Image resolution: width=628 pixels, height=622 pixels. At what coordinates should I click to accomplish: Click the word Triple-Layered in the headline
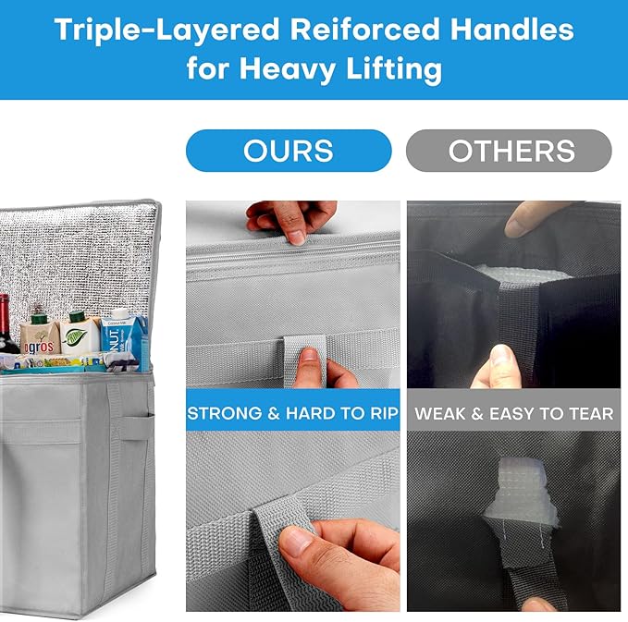pyautogui.click(x=167, y=30)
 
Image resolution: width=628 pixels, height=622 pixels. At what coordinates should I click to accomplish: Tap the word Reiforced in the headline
pyautogui.click(x=365, y=30)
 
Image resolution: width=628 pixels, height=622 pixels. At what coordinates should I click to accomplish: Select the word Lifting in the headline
pyautogui.click(x=394, y=69)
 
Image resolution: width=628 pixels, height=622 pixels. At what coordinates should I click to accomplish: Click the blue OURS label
pyautogui.click(x=289, y=151)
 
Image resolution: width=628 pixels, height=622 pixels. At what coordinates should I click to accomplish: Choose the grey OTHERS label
pyautogui.click(x=509, y=151)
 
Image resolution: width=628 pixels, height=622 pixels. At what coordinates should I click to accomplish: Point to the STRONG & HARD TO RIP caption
pyautogui.click(x=293, y=413)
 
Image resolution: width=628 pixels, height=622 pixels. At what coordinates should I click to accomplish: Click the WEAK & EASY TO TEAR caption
pyautogui.click(x=514, y=413)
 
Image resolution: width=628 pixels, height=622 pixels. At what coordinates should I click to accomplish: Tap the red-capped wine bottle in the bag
pyautogui.click(x=6, y=324)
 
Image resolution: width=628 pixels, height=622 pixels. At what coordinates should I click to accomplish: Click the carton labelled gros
pyautogui.click(x=40, y=335)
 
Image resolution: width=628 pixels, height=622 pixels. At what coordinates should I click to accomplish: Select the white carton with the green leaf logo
pyautogui.click(x=80, y=333)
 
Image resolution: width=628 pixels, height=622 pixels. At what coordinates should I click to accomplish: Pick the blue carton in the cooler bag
pyautogui.click(x=124, y=336)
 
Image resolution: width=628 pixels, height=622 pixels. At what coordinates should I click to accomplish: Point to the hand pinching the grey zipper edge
pyautogui.click(x=293, y=220)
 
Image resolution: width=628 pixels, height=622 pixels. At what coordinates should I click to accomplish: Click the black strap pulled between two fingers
pyautogui.click(x=517, y=320)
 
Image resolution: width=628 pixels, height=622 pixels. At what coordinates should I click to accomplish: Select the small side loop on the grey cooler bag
pyautogui.click(x=138, y=428)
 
